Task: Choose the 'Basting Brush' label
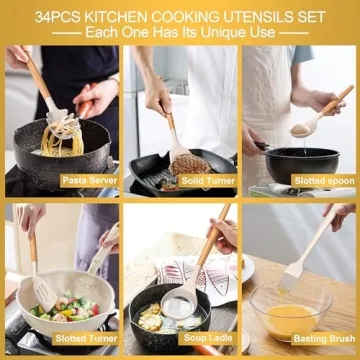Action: pyautogui.click(x=320, y=340)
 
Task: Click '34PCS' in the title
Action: pyautogui.click(x=59, y=17)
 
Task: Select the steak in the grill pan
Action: pyautogui.click(x=190, y=162)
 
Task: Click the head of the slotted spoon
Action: pyautogui.click(x=300, y=128)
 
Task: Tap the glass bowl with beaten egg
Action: pyautogui.click(x=291, y=312)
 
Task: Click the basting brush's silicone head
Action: pyautogui.click(x=291, y=276)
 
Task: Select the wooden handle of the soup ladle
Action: pyautogui.click(x=211, y=244)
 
